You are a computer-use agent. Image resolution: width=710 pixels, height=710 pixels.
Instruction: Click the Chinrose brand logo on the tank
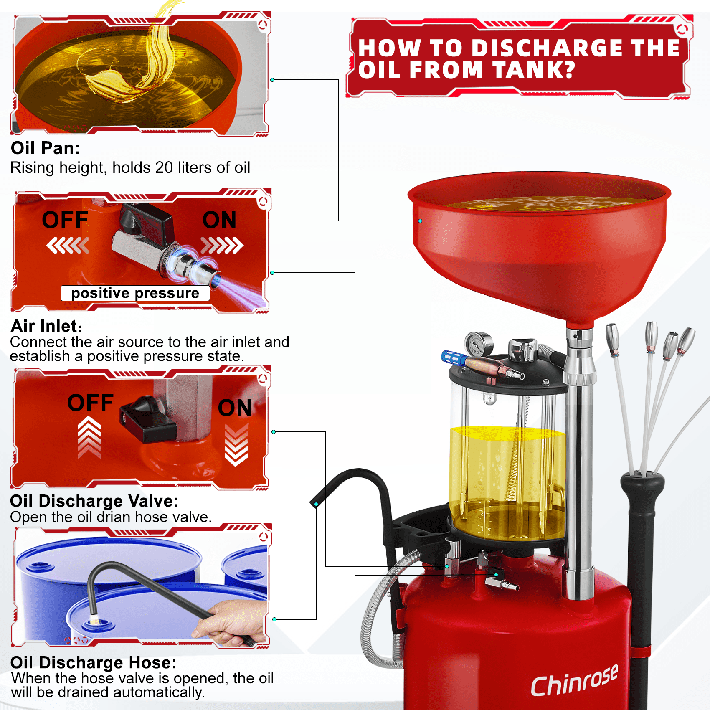574,681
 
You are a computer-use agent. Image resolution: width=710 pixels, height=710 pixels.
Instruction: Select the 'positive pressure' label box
135,293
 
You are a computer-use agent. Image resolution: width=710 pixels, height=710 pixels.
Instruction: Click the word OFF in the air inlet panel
65,220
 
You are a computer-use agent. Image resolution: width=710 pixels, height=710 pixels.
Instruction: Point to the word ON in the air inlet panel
219,220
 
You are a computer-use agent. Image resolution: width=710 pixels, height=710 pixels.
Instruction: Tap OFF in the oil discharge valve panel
91,403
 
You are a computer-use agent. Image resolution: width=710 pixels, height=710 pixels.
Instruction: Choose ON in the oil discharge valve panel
235,408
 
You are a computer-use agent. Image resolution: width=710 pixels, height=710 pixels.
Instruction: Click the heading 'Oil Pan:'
46,148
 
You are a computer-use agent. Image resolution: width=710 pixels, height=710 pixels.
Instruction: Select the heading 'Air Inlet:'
46,326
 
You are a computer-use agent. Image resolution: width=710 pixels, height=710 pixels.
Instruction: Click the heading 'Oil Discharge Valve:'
94,501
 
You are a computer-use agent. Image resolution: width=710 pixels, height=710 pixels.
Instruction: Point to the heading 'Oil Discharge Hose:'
94,663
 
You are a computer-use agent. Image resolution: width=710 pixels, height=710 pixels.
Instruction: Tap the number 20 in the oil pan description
164,168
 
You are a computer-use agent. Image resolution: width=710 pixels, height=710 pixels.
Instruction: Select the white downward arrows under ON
236,445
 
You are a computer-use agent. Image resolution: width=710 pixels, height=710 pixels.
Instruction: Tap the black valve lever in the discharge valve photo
148,420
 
